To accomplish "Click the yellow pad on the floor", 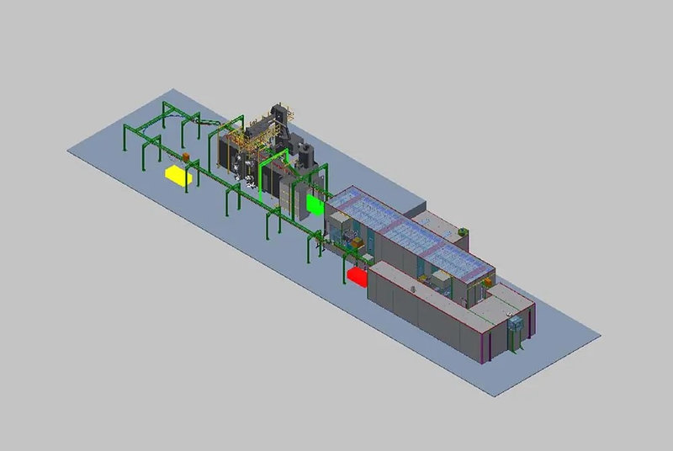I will pos(175,174).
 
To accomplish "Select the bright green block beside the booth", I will pos(316,204).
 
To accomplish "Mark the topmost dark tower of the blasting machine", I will pos(278,114).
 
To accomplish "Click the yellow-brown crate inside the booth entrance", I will pos(358,245).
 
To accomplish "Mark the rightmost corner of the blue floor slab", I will pos(601,337).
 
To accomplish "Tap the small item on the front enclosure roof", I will pos(416,289).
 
